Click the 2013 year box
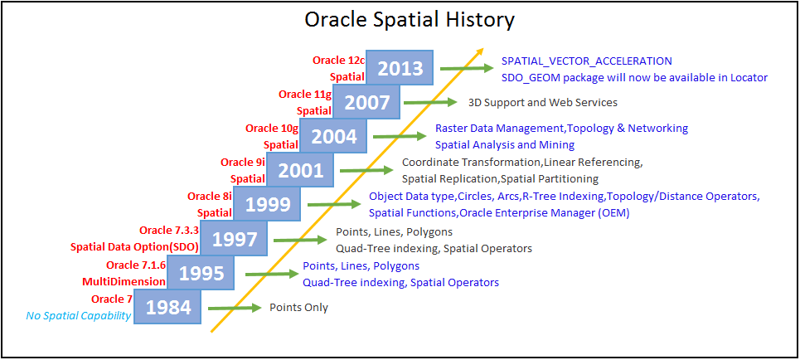pos(400,68)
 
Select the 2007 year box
pos(366,102)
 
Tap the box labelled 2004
pos(333,136)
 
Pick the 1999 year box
pos(267,204)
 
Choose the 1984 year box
pos(167,307)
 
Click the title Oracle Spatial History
pos(410,20)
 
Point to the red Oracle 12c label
pos(338,61)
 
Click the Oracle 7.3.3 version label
pos(168,231)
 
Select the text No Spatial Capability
pos(78,316)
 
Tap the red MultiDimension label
pos(132,282)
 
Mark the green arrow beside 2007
pos(430,102)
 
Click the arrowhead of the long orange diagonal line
pos(479,52)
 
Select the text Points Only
pos(299,308)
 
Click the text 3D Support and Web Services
pos(543,102)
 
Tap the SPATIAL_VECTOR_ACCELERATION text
pos(587,61)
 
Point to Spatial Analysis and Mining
pos(505,145)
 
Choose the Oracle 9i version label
pos(243,163)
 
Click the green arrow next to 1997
pos(300,239)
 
